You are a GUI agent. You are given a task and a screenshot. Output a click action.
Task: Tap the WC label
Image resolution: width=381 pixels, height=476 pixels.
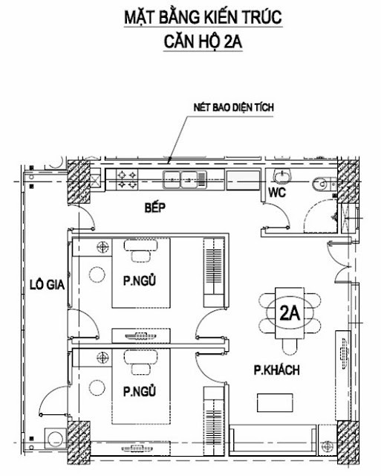pos(277,192)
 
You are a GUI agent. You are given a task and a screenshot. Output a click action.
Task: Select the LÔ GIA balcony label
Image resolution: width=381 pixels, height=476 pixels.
pos(47,284)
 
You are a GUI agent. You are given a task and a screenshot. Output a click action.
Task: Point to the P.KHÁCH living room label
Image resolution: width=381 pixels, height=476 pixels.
pos(276,370)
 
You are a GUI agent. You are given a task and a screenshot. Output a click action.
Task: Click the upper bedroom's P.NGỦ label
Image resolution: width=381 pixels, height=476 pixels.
pos(140,280)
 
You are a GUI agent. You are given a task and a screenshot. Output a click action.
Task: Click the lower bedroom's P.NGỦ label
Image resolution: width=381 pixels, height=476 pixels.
pos(140,391)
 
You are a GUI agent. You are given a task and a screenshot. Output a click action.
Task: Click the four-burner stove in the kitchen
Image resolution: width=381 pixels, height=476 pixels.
pos(127,179)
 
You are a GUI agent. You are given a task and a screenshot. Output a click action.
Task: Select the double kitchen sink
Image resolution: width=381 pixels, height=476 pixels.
pos(185,180)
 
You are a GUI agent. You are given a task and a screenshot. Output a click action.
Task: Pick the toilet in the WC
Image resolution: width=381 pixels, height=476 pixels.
pos(321,184)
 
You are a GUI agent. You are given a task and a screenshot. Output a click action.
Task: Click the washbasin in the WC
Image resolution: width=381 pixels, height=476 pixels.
pos(282,176)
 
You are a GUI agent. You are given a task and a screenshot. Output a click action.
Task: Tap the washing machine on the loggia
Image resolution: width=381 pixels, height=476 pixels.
pos(56,438)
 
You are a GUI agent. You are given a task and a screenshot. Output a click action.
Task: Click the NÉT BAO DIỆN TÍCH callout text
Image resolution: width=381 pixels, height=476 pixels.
pos(234,107)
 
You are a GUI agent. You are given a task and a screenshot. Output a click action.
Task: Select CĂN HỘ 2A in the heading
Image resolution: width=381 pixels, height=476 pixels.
pos(203,42)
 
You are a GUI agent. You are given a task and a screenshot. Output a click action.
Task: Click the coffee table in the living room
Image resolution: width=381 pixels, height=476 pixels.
pos(276,402)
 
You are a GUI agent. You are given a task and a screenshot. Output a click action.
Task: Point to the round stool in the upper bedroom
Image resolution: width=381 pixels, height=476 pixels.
pos(97,274)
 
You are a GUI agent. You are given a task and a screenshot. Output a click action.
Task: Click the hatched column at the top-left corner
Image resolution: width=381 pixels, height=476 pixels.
pos(79,181)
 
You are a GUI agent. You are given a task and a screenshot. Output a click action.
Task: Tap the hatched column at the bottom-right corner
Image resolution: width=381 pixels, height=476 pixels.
pos(348,442)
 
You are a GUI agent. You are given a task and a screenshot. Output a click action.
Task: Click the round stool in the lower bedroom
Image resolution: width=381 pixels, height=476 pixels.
pos(97,387)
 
